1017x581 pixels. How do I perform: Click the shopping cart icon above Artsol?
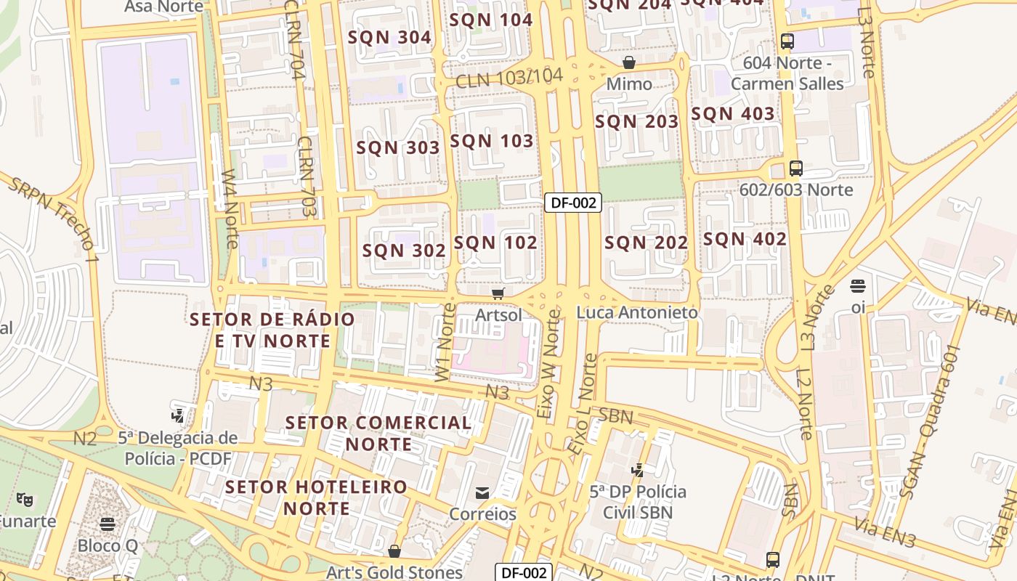(x=498, y=293)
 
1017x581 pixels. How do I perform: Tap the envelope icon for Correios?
(x=482, y=493)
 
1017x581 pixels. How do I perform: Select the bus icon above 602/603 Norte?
(x=795, y=168)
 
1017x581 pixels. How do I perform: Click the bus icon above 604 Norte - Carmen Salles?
(x=787, y=41)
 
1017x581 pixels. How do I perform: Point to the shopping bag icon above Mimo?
(x=629, y=62)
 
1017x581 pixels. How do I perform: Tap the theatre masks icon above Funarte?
(x=25, y=500)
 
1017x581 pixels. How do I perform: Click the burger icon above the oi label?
(x=858, y=285)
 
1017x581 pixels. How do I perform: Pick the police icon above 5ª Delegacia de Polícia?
(x=178, y=416)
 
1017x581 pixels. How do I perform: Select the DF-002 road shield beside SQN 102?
(x=573, y=203)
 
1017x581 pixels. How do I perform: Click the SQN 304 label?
(x=389, y=37)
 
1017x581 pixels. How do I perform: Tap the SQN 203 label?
(x=636, y=122)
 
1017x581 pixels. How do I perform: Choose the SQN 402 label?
(x=745, y=239)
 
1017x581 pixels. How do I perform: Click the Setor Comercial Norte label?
(x=378, y=433)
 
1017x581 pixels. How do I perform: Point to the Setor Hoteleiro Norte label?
(x=317, y=497)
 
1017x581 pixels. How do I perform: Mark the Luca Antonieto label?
(x=637, y=312)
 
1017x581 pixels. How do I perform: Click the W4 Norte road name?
(x=230, y=208)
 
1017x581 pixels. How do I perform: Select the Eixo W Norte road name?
(x=549, y=365)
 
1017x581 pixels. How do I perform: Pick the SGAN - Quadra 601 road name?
(x=931, y=421)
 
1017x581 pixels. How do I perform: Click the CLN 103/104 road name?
(x=509, y=78)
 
